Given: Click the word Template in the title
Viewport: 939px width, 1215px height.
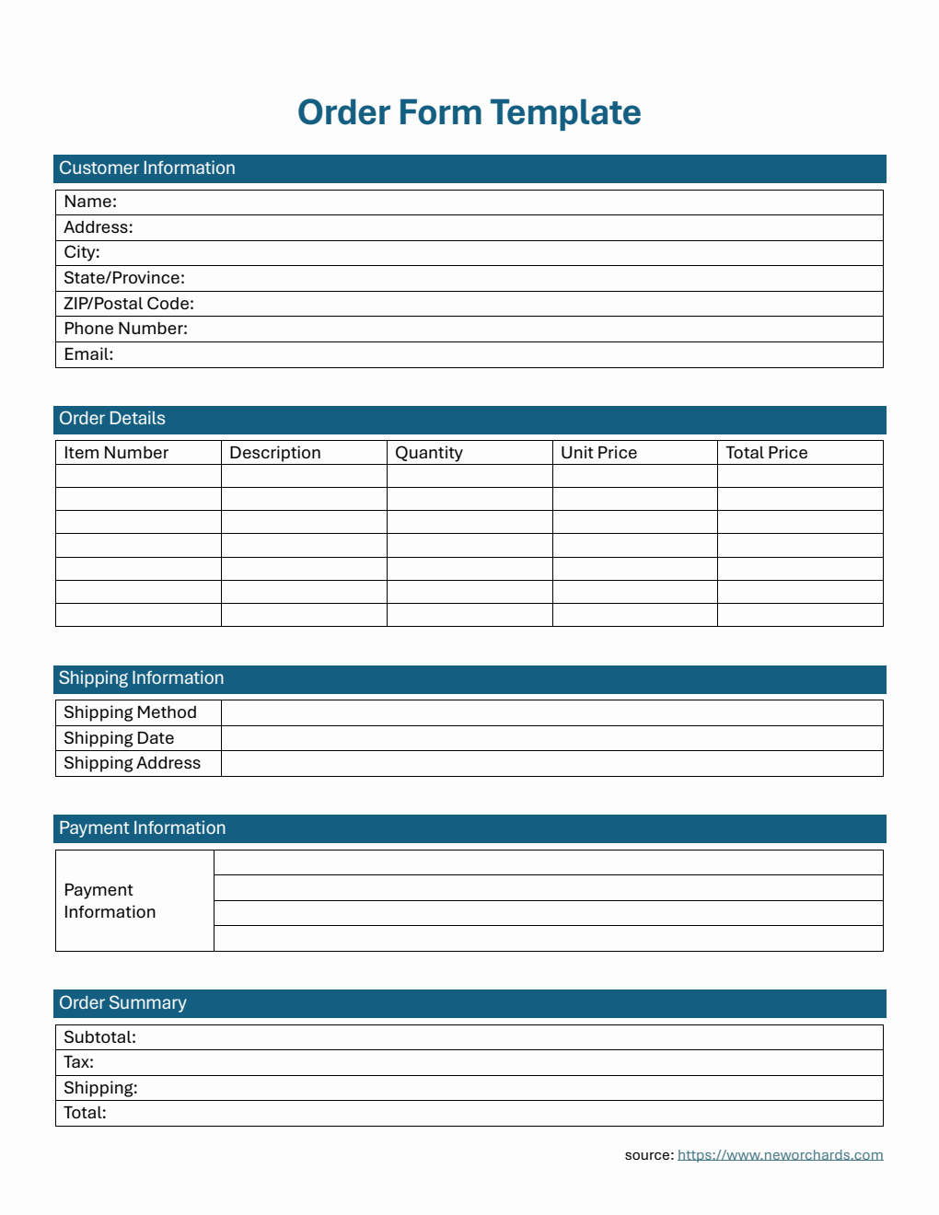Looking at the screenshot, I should [565, 113].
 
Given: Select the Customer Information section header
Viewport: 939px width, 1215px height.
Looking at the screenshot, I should [147, 168].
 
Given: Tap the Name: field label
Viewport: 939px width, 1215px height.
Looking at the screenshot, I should [90, 202].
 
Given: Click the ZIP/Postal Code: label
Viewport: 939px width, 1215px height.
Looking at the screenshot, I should [129, 304].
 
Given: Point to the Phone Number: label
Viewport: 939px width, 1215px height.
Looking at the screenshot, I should [125, 329].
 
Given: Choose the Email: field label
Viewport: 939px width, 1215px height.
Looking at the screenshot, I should [88, 354].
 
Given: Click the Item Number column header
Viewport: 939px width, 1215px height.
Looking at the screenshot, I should [116, 453].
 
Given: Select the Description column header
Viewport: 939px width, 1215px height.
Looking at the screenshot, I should [275, 453].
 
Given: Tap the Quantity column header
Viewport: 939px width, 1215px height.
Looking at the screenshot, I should [429, 453].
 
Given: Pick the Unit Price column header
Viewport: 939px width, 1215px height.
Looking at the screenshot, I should [599, 453].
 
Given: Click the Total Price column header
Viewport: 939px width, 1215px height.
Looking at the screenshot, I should [767, 453].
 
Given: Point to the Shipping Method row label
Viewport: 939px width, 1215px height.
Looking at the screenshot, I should [130, 712].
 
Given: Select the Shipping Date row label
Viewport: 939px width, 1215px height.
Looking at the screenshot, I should [119, 738].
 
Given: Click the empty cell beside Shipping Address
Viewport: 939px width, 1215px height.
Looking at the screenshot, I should [552, 764].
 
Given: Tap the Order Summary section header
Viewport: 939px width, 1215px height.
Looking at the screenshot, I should [122, 1003].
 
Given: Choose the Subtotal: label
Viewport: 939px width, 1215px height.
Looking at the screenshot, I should [99, 1037].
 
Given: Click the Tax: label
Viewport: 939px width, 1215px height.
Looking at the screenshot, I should [78, 1062].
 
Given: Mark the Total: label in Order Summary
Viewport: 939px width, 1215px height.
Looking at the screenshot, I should [85, 1113].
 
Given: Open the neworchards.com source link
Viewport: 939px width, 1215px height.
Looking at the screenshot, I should [780, 1155].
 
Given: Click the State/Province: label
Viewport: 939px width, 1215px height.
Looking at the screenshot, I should [124, 278].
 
